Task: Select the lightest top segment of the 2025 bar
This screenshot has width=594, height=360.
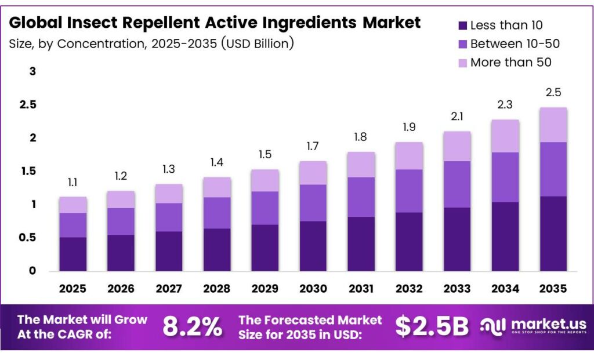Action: [73, 205]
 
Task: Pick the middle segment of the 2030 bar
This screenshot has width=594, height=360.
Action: [313, 203]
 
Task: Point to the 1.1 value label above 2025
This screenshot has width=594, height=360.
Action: [73, 182]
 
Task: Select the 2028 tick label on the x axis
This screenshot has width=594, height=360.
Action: [217, 288]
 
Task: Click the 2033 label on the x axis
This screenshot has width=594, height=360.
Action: [457, 288]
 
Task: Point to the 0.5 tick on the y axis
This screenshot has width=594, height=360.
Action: [29, 238]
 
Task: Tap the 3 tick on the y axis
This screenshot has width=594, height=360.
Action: [33, 71]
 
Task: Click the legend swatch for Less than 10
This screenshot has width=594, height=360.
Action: [462, 25]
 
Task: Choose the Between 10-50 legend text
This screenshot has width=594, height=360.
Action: [515, 43]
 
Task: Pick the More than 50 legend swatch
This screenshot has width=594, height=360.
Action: [462, 62]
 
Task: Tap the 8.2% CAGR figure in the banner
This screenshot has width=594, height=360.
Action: [192, 327]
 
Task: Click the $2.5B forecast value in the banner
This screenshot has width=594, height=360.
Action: [432, 327]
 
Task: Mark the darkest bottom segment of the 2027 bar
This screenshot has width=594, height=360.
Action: [169, 251]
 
